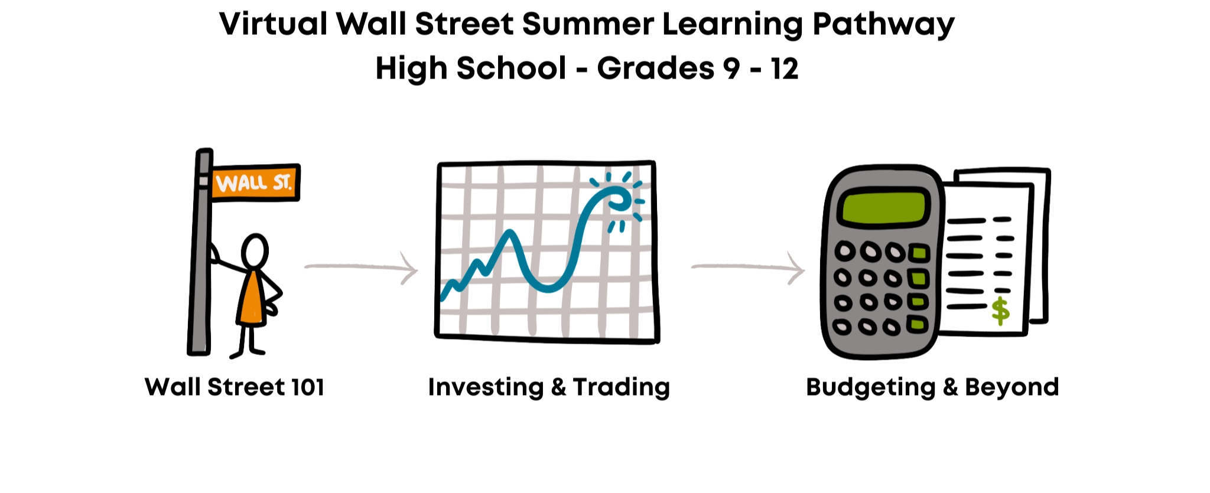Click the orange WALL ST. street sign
(x=255, y=182)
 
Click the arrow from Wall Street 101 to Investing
(x=362, y=267)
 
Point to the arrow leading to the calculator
(x=749, y=267)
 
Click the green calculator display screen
(x=884, y=207)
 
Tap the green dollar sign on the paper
(x=1000, y=311)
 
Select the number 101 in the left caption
(x=307, y=387)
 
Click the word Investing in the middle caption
(x=486, y=388)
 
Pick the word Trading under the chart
(x=622, y=388)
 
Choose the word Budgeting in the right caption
(x=871, y=388)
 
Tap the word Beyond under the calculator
(x=1012, y=388)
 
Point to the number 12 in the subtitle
(x=785, y=68)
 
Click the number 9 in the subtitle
(x=731, y=68)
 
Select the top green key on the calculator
(x=919, y=254)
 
